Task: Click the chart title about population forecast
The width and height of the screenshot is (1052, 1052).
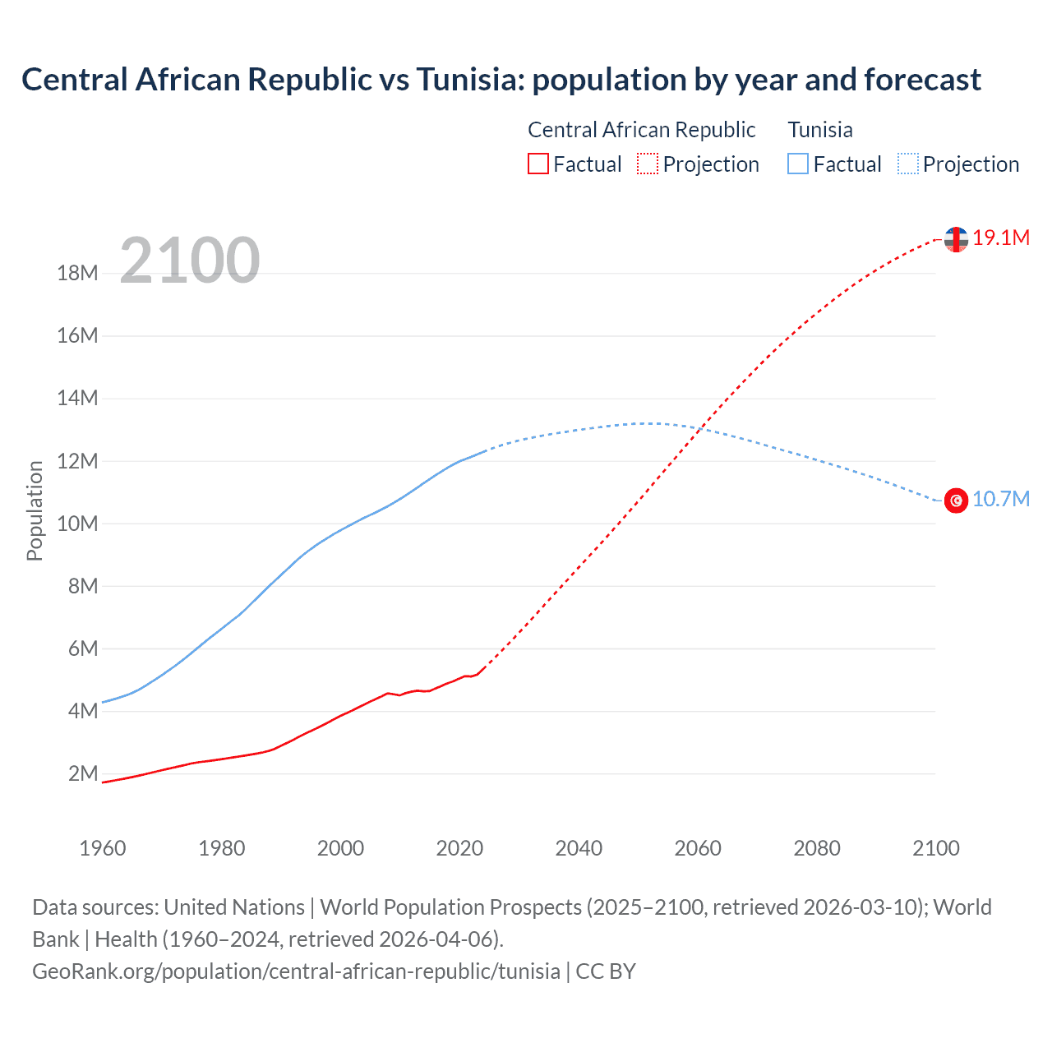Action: pos(501,80)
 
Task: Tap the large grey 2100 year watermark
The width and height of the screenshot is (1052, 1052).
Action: pos(190,261)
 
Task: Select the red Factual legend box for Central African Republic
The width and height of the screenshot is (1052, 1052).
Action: pos(538,164)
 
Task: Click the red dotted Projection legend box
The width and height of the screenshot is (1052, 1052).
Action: pos(647,164)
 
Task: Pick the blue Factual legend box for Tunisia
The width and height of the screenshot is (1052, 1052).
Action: pos(797,164)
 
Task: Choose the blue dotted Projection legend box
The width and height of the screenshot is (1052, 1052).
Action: pos(907,164)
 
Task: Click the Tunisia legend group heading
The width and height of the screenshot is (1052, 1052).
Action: pos(819,130)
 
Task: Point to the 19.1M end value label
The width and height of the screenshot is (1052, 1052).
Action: pos(1000,238)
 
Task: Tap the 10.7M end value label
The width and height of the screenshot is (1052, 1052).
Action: pos(1000,500)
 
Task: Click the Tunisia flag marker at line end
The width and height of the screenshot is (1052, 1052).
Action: pos(956,500)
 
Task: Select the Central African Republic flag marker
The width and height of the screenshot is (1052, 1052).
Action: pos(956,239)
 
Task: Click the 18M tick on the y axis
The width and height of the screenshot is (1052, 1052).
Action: pos(77,274)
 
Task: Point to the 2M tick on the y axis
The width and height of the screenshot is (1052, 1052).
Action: pos(82,773)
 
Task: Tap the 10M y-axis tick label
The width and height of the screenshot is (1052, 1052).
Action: pos(77,524)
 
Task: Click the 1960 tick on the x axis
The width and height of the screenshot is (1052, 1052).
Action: pos(103,848)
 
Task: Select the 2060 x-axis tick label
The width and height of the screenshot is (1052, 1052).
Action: pos(698,848)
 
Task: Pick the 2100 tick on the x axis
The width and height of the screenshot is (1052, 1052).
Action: pos(935,848)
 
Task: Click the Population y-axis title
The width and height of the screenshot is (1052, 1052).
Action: pos(35,510)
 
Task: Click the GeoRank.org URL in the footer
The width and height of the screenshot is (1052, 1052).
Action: pos(296,971)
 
